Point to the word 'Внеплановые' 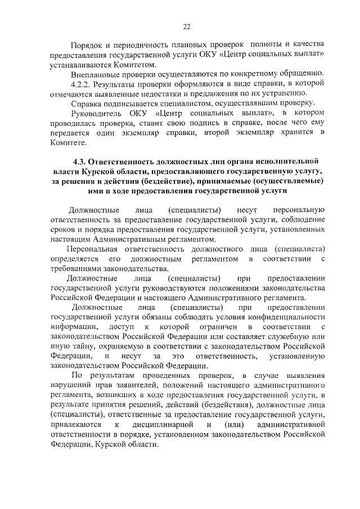94,74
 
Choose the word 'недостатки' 160,93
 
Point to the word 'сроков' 62,229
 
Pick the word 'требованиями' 74,268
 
